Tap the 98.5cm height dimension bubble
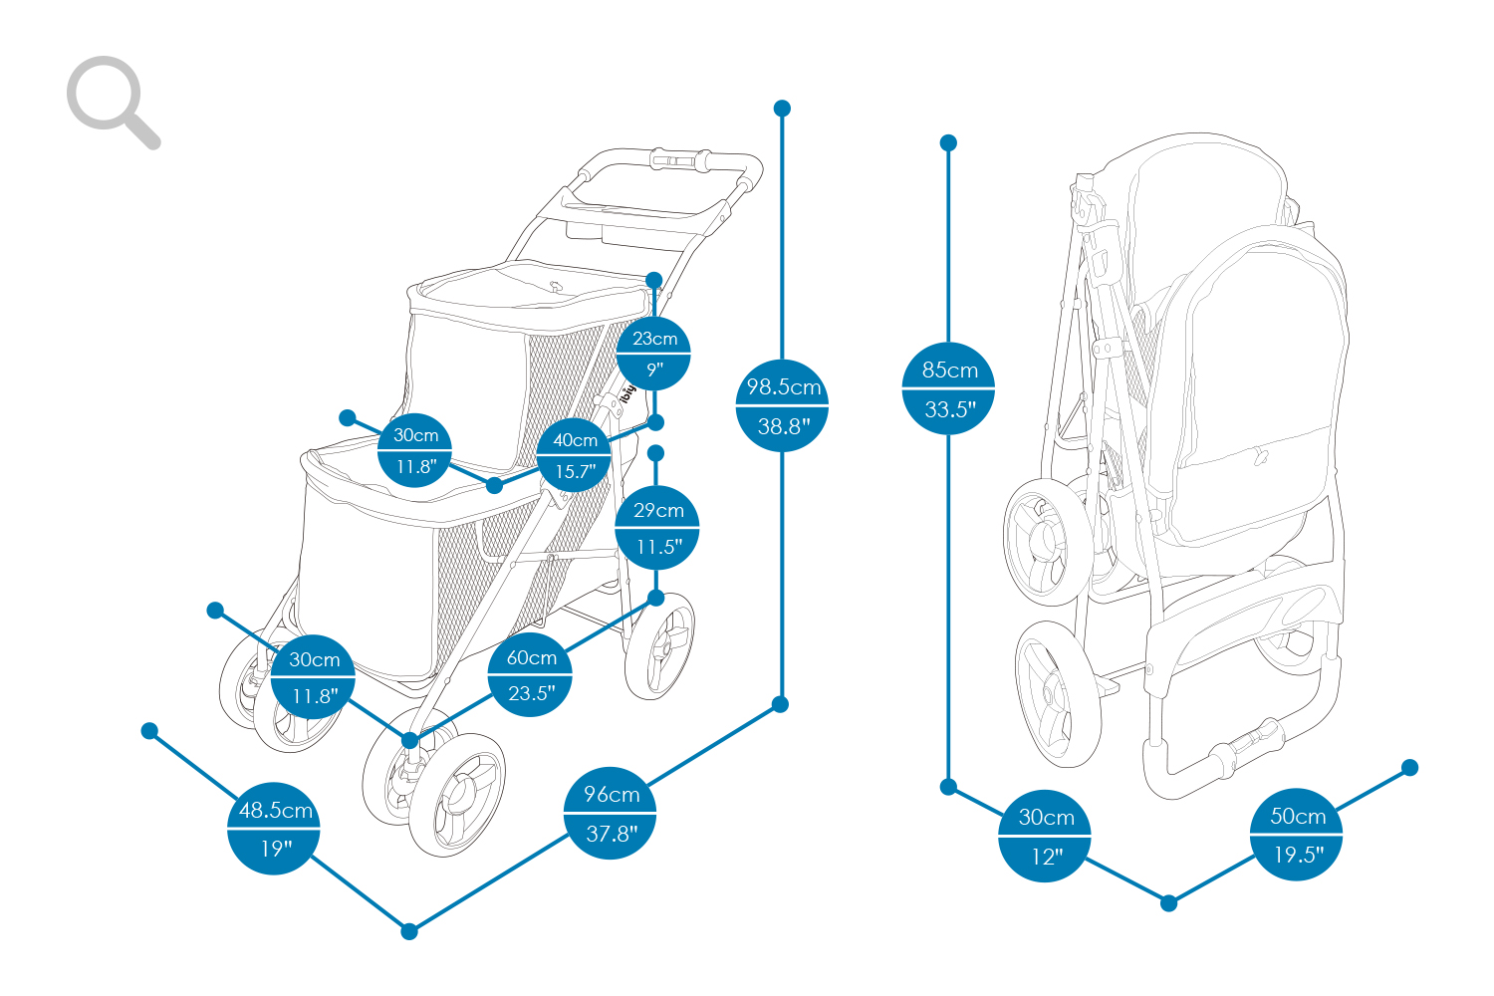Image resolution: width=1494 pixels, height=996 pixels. (782, 404)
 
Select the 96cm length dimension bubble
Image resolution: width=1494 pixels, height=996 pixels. (610, 812)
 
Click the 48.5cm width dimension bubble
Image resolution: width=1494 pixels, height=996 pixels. (274, 828)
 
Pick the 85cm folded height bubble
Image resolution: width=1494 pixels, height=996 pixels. (948, 388)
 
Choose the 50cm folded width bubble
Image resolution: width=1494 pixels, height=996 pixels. (1297, 834)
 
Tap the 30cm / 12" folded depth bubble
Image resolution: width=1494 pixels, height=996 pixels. (1045, 835)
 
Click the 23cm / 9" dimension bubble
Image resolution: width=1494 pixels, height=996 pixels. (653, 353)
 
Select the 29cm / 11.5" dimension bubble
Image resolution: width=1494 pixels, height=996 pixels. (657, 528)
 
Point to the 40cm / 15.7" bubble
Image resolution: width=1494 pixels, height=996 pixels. (575, 455)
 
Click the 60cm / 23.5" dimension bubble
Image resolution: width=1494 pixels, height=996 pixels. (530, 674)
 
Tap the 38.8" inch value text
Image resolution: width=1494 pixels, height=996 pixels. (783, 427)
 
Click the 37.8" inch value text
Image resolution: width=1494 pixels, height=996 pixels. (611, 834)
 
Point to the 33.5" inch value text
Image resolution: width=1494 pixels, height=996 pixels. (949, 409)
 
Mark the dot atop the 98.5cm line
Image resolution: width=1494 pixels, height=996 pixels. (782, 108)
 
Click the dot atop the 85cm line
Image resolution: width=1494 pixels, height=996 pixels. (948, 143)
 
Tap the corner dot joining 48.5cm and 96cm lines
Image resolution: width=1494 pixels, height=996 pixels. (409, 931)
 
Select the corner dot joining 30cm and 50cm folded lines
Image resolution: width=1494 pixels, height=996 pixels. (1169, 903)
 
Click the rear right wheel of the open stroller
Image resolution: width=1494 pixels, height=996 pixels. (659, 645)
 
